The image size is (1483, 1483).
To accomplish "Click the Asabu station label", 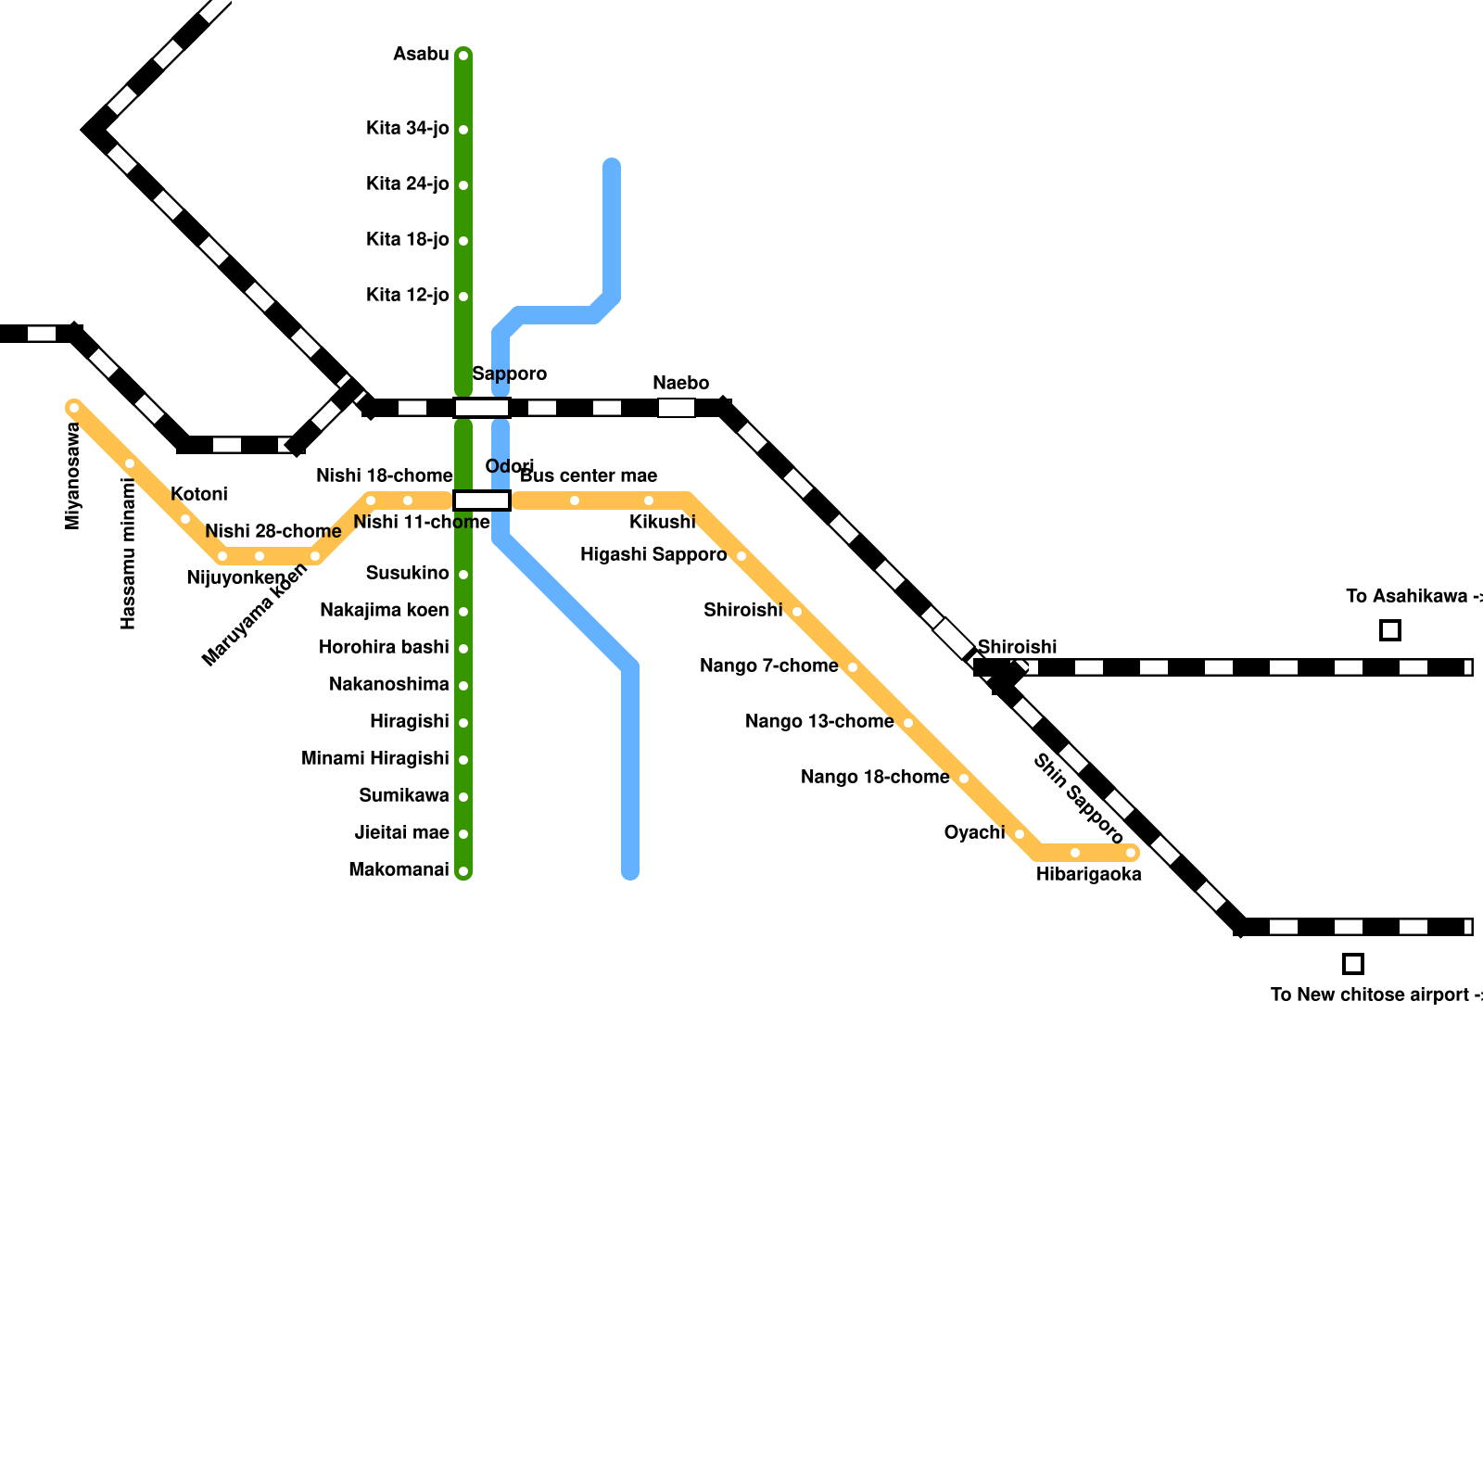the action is pyautogui.click(x=421, y=55).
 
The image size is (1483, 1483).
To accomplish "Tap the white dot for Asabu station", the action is pyautogui.click(x=463, y=56).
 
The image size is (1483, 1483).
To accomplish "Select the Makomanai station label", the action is pyautogui.click(x=399, y=870).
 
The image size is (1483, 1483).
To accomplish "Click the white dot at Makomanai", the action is pyautogui.click(x=463, y=871).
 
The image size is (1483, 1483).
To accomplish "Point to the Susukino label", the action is pyautogui.click(x=407, y=574).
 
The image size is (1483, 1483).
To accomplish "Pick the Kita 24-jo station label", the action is pyautogui.click(x=407, y=184).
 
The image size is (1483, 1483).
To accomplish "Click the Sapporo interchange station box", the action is pyautogui.click(x=482, y=408).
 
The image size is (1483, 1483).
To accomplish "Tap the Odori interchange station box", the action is pyautogui.click(x=482, y=501).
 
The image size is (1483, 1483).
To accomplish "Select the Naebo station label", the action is pyautogui.click(x=680, y=384).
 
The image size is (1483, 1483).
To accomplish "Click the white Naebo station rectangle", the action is pyautogui.click(x=677, y=408).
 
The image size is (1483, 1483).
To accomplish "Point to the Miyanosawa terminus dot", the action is pyautogui.click(x=74, y=408).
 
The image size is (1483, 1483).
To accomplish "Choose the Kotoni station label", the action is pyautogui.click(x=198, y=495).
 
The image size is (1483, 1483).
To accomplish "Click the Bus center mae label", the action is pyautogui.click(x=589, y=476).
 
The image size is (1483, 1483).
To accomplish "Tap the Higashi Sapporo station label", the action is pyautogui.click(x=653, y=555).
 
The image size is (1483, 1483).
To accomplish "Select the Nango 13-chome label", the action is pyautogui.click(x=819, y=722).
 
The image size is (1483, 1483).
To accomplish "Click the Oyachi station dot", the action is pyautogui.click(x=1020, y=834).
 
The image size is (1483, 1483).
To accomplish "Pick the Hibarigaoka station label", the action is pyautogui.click(x=1088, y=875).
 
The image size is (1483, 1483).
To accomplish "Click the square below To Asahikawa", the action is pyautogui.click(x=1390, y=630).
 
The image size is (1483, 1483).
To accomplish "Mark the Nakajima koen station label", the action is pyautogui.click(x=384, y=611).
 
